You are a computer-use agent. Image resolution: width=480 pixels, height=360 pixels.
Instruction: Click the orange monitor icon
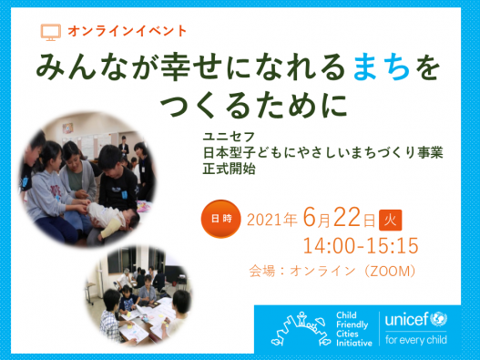click(51, 32)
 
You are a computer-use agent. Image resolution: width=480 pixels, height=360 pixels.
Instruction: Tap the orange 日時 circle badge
click(221, 219)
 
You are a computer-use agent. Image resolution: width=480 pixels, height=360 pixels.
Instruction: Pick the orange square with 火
click(390, 219)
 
